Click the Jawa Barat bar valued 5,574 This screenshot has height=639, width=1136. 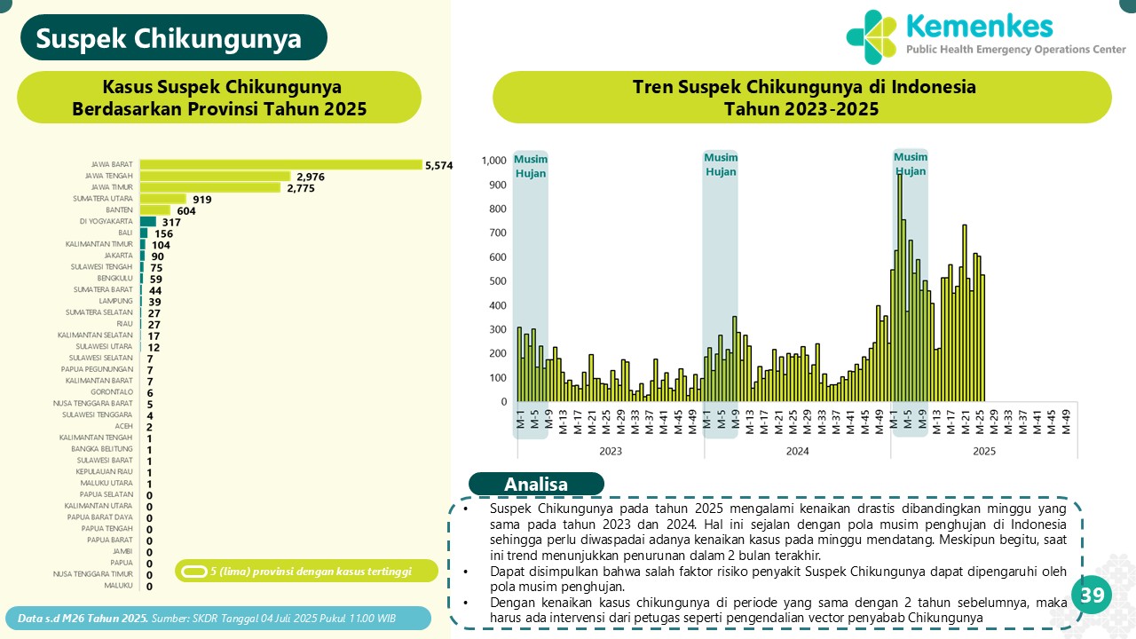tap(280, 164)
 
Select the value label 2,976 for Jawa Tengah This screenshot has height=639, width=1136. tap(311, 177)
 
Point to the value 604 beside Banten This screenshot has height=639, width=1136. tap(186, 210)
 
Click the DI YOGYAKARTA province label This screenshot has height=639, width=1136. tap(107, 221)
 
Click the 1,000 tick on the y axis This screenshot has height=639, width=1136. tap(494, 161)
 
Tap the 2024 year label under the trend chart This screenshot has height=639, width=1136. tap(797, 451)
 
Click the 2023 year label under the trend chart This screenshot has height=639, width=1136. tap(611, 451)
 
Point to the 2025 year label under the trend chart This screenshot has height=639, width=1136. tap(983, 451)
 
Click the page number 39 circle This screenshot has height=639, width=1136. tap(1092, 596)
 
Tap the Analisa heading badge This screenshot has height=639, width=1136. tap(536, 485)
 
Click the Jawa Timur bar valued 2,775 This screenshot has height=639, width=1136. tap(210, 187)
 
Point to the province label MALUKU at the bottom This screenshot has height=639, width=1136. tap(118, 586)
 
